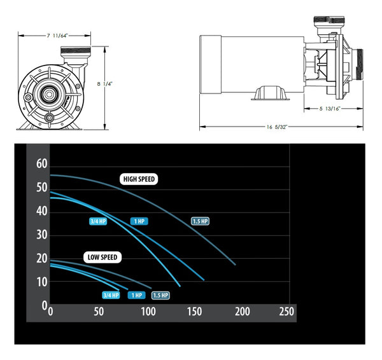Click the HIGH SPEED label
tap(138, 179)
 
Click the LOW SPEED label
tap(102, 257)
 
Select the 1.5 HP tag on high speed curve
tap(200, 221)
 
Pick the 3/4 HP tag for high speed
tap(98, 221)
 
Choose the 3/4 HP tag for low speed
tap(111, 295)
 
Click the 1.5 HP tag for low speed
tap(160, 295)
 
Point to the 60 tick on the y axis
tap(42, 164)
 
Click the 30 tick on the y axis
tap(42, 235)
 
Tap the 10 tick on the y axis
tap(42, 282)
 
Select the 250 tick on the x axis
tap(286, 312)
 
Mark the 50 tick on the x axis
tap(98, 312)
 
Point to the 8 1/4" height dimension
tap(103, 82)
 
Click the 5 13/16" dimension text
tap(330, 109)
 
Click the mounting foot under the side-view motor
tap(267, 94)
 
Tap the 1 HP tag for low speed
tap(136, 295)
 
